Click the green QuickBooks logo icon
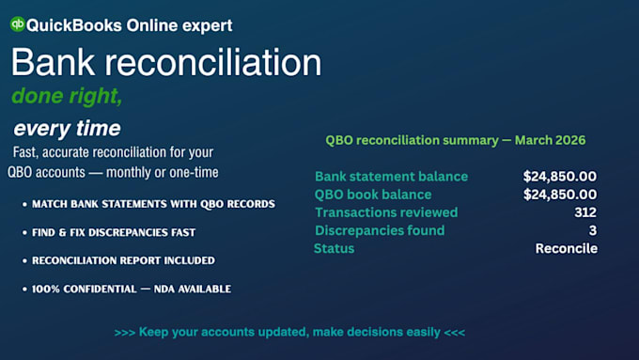[18, 24]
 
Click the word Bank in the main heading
[53, 62]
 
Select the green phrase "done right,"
[67, 96]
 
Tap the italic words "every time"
[67, 129]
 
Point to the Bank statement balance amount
[560, 176]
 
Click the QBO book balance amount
[560, 195]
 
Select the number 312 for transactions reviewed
[585, 212]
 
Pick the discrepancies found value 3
[593, 230]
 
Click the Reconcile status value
[567, 248]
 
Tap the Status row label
[334, 248]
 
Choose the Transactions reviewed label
[386, 212]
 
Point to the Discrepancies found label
[380, 230]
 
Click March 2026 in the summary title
[550, 140]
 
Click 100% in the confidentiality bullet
[43, 290]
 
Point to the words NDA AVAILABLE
[193, 290]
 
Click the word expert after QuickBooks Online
[207, 25]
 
